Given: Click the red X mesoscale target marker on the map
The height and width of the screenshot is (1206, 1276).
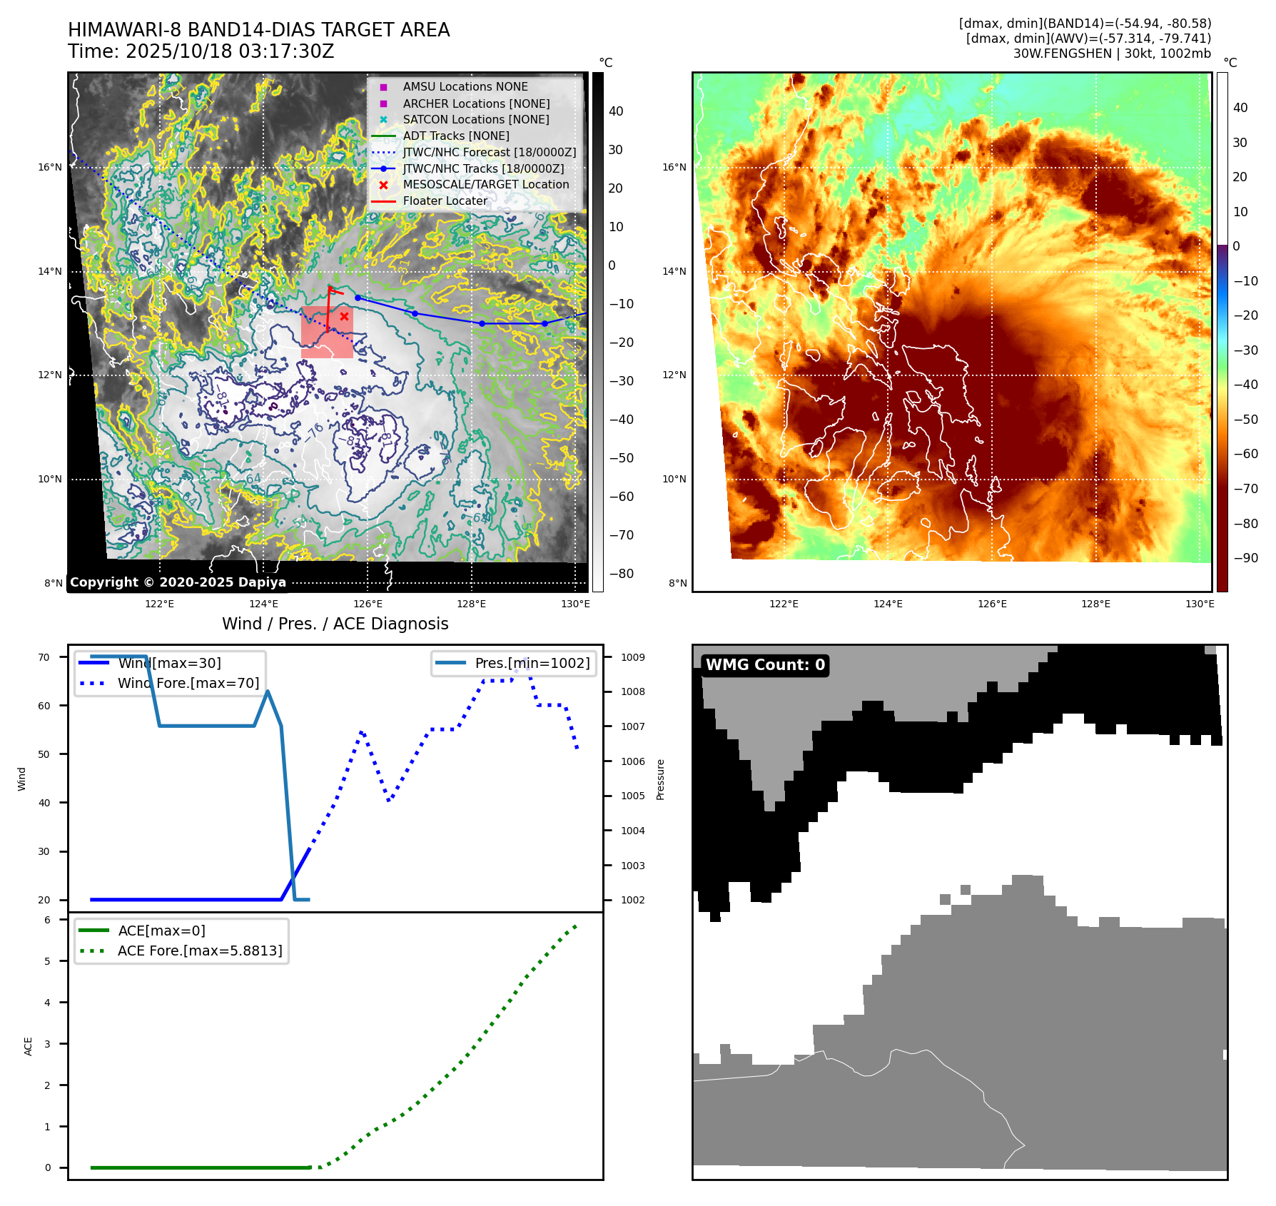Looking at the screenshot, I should click(x=344, y=316).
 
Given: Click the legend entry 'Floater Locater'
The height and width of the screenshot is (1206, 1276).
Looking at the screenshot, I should click(x=445, y=201).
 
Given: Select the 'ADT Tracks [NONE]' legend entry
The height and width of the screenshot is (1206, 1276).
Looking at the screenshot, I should click(x=456, y=136).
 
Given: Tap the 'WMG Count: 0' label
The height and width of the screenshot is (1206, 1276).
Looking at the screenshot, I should click(x=765, y=665).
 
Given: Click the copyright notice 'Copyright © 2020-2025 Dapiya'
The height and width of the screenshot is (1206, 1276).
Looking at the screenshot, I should click(x=178, y=582).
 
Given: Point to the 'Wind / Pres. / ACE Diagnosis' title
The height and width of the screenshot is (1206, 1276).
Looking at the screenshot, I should click(x=335, y=624).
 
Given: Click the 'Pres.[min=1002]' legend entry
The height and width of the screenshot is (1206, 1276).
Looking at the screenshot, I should click(x=532, y=663).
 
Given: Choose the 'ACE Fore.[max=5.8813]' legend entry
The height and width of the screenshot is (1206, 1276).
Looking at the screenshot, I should click(x=200, y=951).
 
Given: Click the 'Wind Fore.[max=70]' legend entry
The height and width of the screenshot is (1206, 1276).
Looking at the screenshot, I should click(x=188, y=683).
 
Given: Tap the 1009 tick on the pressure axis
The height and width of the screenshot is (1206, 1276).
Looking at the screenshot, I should click(x=632, y=657).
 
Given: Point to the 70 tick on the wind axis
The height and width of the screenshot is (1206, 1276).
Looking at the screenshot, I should click(x=44, y=657).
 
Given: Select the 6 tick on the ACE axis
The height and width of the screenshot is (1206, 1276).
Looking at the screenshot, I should click(x=48, y=920).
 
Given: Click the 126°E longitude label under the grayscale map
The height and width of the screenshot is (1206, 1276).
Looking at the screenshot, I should click(x=368, y=604).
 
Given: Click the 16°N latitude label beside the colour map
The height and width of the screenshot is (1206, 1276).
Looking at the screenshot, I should click(x=674, y=168).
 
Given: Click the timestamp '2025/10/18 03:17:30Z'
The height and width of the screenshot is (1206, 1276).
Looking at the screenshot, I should click(x=230, y=51).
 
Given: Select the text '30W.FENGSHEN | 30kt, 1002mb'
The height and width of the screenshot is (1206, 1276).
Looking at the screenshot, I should click(x=1112, y=54).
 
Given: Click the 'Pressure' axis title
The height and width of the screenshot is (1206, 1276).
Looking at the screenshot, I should click(x=661, y=779).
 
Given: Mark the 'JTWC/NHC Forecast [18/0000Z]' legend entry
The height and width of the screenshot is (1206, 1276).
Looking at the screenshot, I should click(x=489, y=152).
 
